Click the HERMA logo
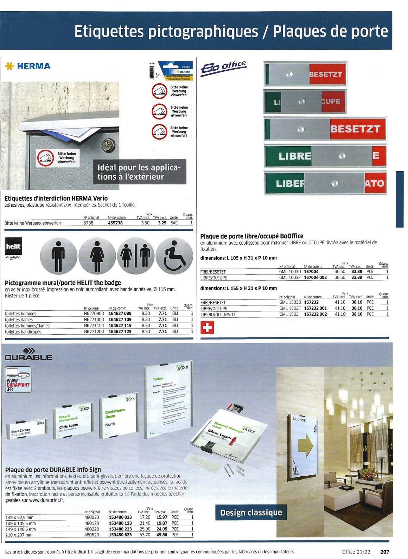click(28, 66)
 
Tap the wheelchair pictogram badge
click(174, 256)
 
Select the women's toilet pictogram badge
click(97, 256)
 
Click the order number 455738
click(115, 223)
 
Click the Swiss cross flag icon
click(207, 328)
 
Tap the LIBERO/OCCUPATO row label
click(217, 315)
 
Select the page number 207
click(385, 552)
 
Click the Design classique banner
click(251, 513)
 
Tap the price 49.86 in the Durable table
click(162, 535)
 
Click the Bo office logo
click(223, 68)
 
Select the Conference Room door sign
click(115, 418)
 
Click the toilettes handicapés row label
click(23, 332)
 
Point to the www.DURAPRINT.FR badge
click(18, 380)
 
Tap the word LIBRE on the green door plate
click(294, 156)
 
